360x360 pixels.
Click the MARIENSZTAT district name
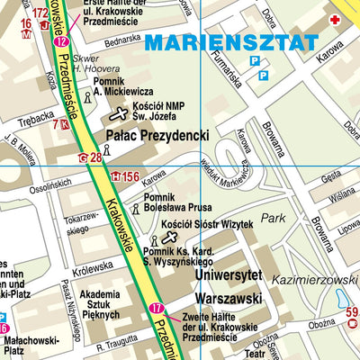pos(231,43)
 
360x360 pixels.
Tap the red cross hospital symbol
pos(335,20)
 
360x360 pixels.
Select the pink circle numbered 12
pos(60,41)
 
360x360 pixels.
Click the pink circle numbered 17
pos(158,310)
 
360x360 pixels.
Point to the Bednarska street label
pos(104,41)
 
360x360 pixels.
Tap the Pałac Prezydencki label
pos(157,135)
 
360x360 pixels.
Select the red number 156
pos(131,176)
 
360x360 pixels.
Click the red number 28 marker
pos(94,158)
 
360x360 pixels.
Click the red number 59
pos(352,313)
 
